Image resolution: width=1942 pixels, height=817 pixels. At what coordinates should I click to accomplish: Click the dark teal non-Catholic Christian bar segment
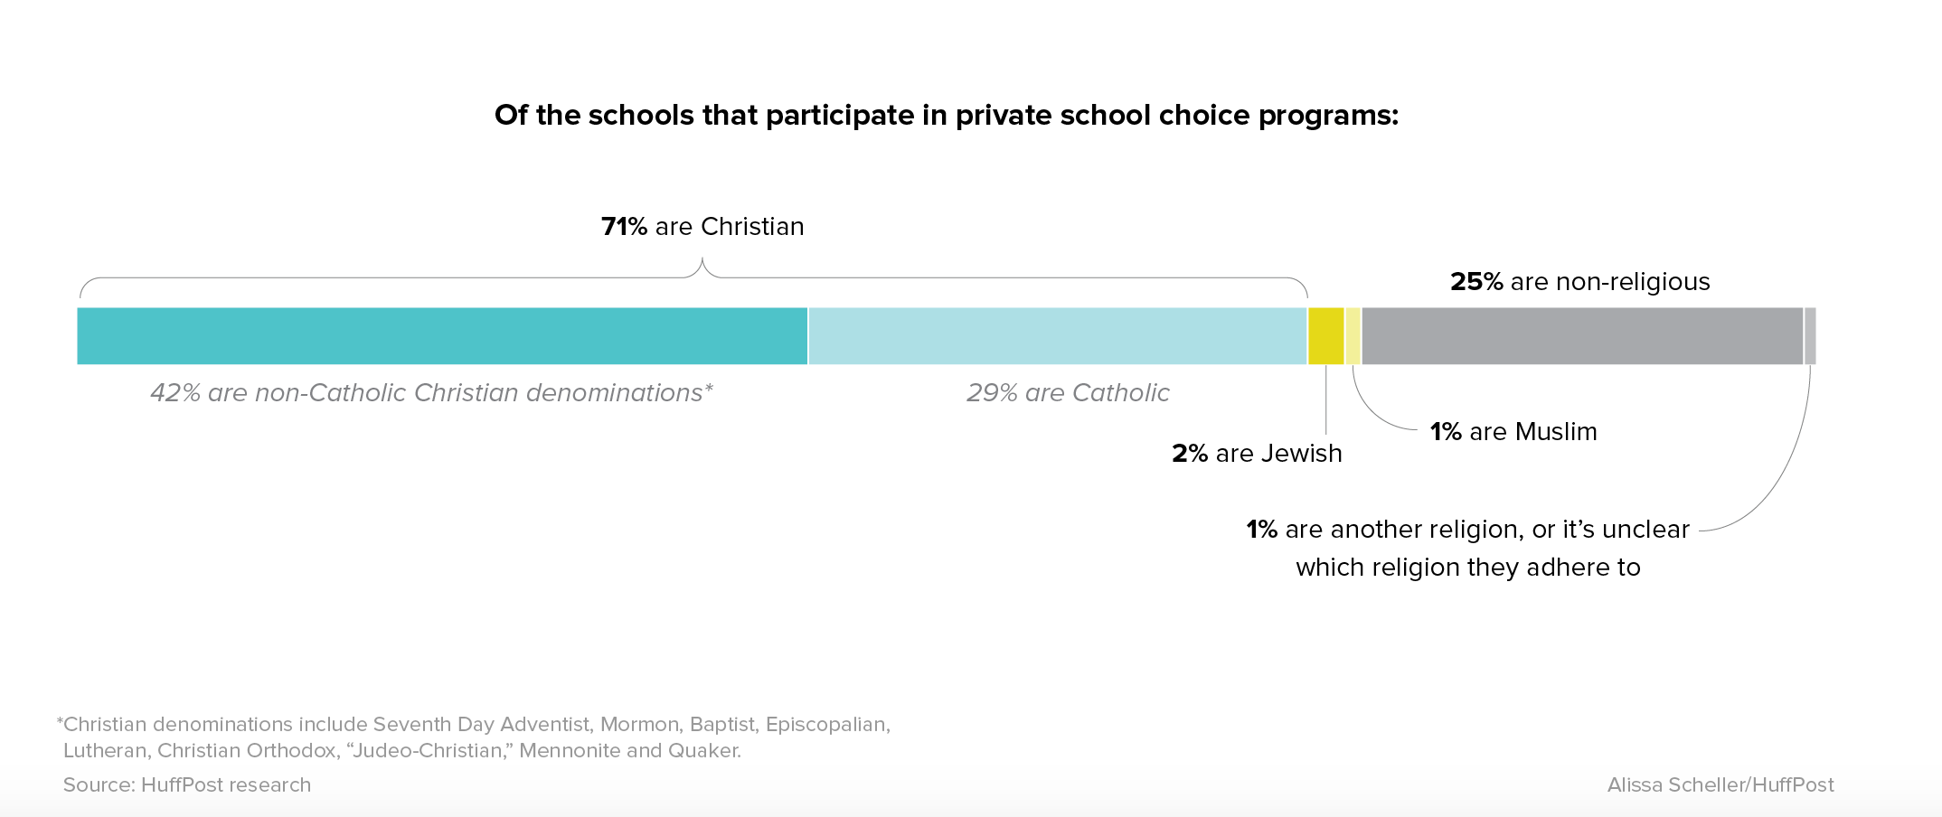[442, 336]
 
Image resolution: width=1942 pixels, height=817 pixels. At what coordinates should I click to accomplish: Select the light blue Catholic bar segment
[1058, 336]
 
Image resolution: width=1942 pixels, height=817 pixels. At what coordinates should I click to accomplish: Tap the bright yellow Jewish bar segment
[1325, 336]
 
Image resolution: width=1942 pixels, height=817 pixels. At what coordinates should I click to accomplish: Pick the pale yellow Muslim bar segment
[1353, 336]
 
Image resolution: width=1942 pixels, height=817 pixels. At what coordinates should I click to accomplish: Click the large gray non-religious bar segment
[1582, 336]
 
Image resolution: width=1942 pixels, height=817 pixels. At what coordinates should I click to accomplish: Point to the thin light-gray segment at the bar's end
[1810, 336]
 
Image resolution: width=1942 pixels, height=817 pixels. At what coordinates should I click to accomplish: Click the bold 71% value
[624, 227]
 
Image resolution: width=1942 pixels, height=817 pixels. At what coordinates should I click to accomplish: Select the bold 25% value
[1476, 282]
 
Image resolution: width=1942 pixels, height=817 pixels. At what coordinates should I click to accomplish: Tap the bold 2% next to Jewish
[1190, 454]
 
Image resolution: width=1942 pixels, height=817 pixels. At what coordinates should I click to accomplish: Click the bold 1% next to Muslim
[1446, 432]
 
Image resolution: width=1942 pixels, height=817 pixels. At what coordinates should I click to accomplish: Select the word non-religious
[1633, 282]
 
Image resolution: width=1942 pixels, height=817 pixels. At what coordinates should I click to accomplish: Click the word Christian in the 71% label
[752, 227]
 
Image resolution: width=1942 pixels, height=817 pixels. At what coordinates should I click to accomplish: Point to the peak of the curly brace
[702, 260]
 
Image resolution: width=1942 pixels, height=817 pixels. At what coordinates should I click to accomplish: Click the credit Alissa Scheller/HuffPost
[1720, 785]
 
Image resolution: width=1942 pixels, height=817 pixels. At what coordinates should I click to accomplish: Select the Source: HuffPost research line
[187, 785]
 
